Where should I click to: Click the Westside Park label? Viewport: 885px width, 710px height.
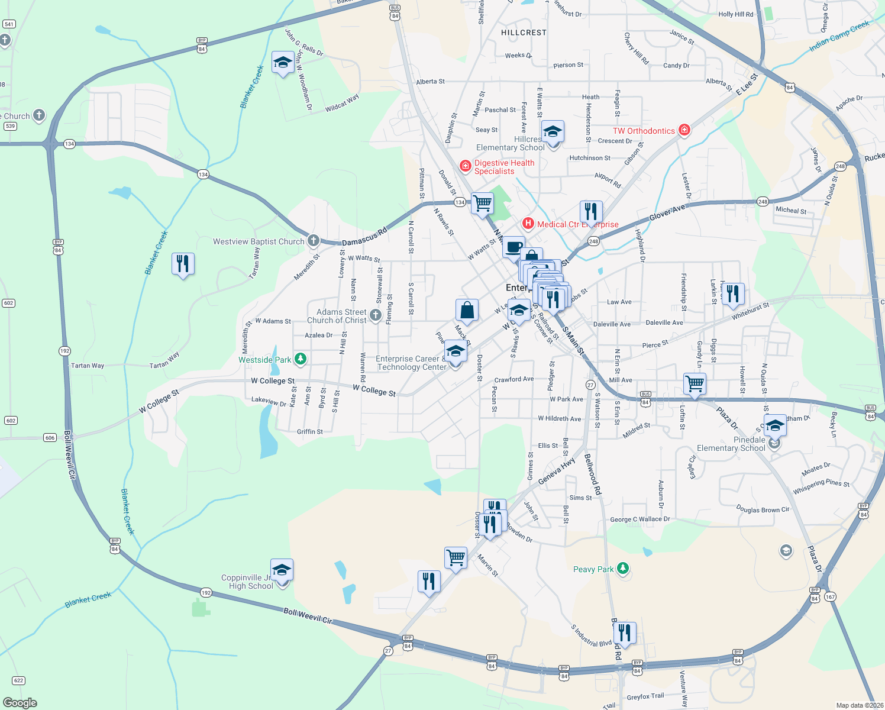(x=265, y=360)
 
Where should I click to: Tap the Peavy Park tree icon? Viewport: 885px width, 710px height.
(x=622, y=569)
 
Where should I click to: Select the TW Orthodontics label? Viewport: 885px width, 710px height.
(x=644, y=131)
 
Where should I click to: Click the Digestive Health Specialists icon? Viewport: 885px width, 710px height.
(x=466, y=166)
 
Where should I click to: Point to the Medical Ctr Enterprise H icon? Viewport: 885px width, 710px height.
(x=528, y=224)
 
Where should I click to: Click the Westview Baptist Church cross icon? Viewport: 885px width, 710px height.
(x=314, y=240)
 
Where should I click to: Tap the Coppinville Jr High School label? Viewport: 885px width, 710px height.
(x=247, y=582)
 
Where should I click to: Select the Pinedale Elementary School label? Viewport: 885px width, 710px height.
(x=731, y=444)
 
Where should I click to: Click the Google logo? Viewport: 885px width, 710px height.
(x=20, y=702)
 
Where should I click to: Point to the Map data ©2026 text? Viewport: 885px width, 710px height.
(x=859, y=705)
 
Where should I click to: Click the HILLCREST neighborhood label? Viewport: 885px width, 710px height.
(x=524, y=33)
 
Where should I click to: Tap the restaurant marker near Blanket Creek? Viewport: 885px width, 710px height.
(x=183, y=263)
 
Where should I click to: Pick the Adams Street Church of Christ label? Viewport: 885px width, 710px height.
(x=337, y=316)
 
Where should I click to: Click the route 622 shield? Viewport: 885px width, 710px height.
(x=18, y=680)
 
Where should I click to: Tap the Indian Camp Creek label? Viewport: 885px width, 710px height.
(x=839, y=36)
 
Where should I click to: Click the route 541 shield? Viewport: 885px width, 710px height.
(x=9, y=24)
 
